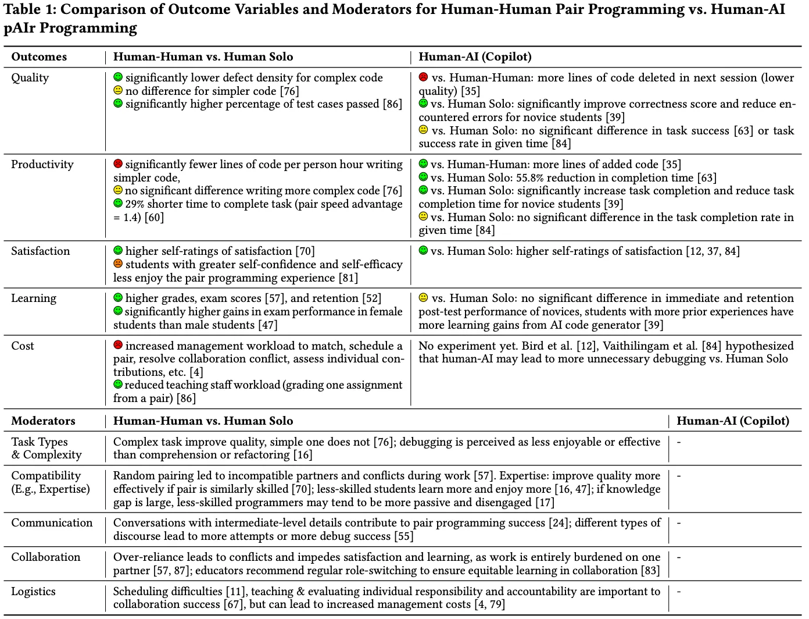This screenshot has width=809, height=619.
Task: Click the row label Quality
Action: [x=30, y=78]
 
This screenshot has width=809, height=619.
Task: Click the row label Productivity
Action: [x=42, y=165]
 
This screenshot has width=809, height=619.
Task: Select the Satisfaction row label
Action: [x=40, y=251]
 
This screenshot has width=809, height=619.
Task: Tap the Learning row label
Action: [x=34, y=298]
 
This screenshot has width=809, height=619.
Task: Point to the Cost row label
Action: [x=23, y=346]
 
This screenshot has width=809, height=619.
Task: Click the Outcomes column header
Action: [x=39, y=57]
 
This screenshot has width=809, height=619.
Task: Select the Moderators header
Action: [x=43, y=421]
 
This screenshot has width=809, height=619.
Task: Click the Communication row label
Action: [x=52, y=523]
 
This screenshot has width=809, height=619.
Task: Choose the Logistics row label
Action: [x=33, y=592]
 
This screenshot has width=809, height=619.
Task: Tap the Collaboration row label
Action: [x=45, y=557]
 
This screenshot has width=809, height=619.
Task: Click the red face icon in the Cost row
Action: [x=118, y=346]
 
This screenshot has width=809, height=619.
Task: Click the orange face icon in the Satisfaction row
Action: [x=118, y=264]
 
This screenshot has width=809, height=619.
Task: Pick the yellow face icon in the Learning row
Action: [x=423, y=298]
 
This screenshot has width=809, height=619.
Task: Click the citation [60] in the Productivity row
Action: [x=154, y=218]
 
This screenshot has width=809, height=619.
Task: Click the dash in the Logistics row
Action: [x=679, y=592]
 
